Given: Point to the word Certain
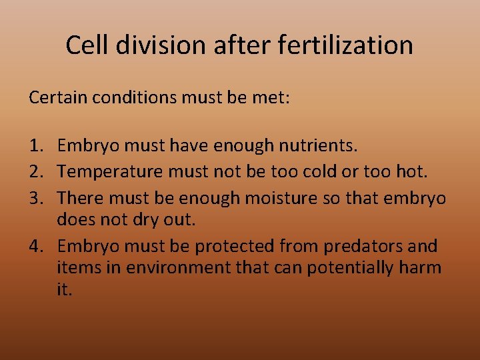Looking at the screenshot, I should [x=58, y=98].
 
